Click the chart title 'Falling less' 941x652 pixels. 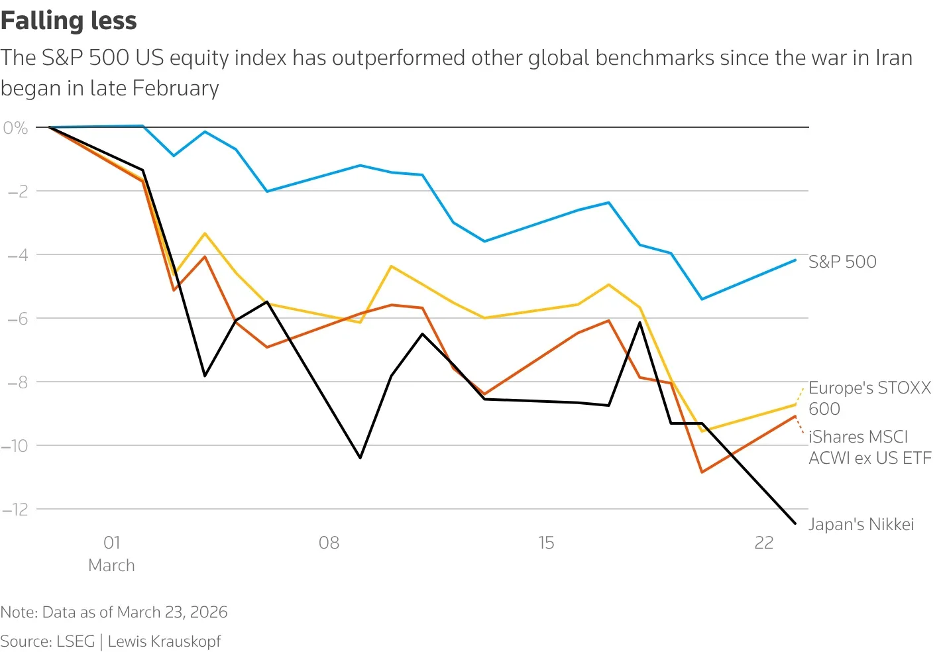coord(68,21)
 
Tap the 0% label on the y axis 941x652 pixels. coord(15,128)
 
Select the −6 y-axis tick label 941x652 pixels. coord(17,319)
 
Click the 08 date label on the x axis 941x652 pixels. coord(329,543)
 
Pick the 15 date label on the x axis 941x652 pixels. coord(546,543)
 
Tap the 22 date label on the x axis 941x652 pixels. coord(763,543)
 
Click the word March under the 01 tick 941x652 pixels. coord(111,566)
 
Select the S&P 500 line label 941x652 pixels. coord(842,262)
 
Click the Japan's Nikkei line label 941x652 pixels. coord(861,525)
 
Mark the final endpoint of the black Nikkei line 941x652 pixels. coord(795,523)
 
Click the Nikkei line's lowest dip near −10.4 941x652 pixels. coord(360,458)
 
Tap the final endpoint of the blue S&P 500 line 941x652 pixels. coord(795,260)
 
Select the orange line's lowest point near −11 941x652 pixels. coord(702,472)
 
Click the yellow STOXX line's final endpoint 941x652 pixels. coord(795,405)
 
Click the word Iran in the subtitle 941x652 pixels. coord(892,58)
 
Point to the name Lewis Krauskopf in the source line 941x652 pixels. coord(164,641)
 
